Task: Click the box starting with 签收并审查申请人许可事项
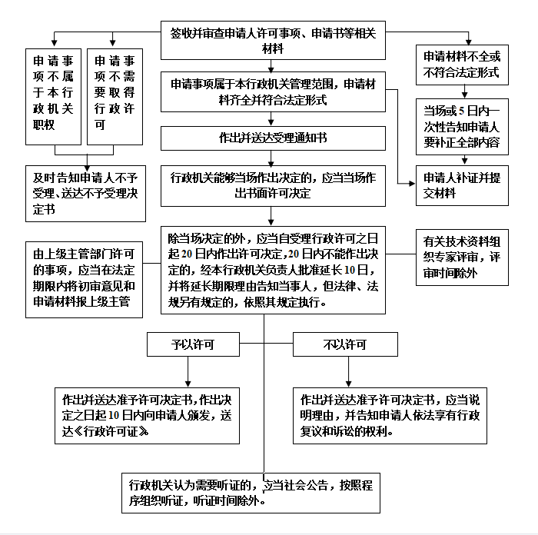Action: click(x=273, y=41)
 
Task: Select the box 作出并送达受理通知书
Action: click(x=273, y=138)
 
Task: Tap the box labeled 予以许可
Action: click(x=193, y=344)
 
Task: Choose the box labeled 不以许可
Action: click(x=345, y=344)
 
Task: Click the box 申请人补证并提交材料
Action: click(x=462, y=186)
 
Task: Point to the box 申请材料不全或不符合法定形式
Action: click(x=462, y=65)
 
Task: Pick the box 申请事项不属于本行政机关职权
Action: click(x=53, y=97)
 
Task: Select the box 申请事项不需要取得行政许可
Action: click(x=115, y=97)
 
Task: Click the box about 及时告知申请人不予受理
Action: click(x=85, y=194)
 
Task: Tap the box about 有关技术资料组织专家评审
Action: click(x=462, y=258)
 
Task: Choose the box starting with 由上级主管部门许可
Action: click(x=84, y=280)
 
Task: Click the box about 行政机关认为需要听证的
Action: click(x=251, y=493)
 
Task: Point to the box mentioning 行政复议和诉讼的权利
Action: click(x=390, y=416)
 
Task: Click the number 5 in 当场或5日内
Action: click(x=461, y=111)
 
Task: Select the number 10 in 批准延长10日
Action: click(x=349, y=270)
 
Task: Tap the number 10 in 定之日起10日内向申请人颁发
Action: click(x=114, y=416)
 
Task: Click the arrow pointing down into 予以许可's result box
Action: click(x=188, y=372)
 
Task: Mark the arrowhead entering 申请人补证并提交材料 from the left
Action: click(x=412, y=184)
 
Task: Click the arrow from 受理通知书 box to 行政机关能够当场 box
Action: click(x=271, y=158)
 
